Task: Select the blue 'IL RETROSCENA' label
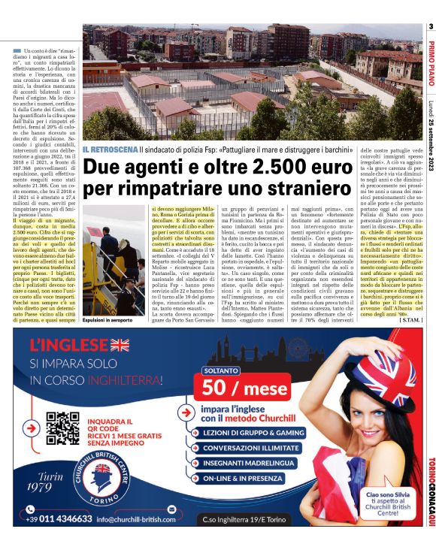(x=110, y=150)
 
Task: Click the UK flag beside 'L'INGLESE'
(x=120, y=345)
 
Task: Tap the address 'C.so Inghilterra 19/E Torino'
(x=252, y=518)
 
